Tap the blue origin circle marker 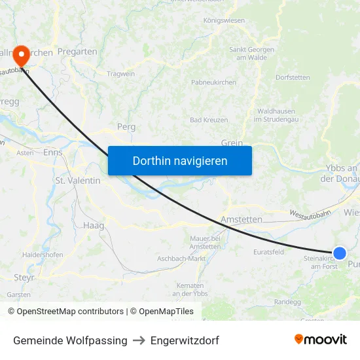tap(340, 253)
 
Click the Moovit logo tap(321, 340)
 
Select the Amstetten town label tap(242, 220)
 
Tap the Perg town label tap(126, 126)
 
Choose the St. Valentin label tap(78, 180)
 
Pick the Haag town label tap(94, 225)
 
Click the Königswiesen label tap(224, 20)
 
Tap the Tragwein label tap(120, 74)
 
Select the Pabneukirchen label tap(213, 82)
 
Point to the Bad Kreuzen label tap(209, 120)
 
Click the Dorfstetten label tap(293, 77)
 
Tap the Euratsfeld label tap(268, 251)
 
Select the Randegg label tap(287, 302)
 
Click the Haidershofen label tap(43, 254)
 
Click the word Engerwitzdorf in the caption tap(185, 340)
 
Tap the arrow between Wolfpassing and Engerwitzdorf tap(139, 340)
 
